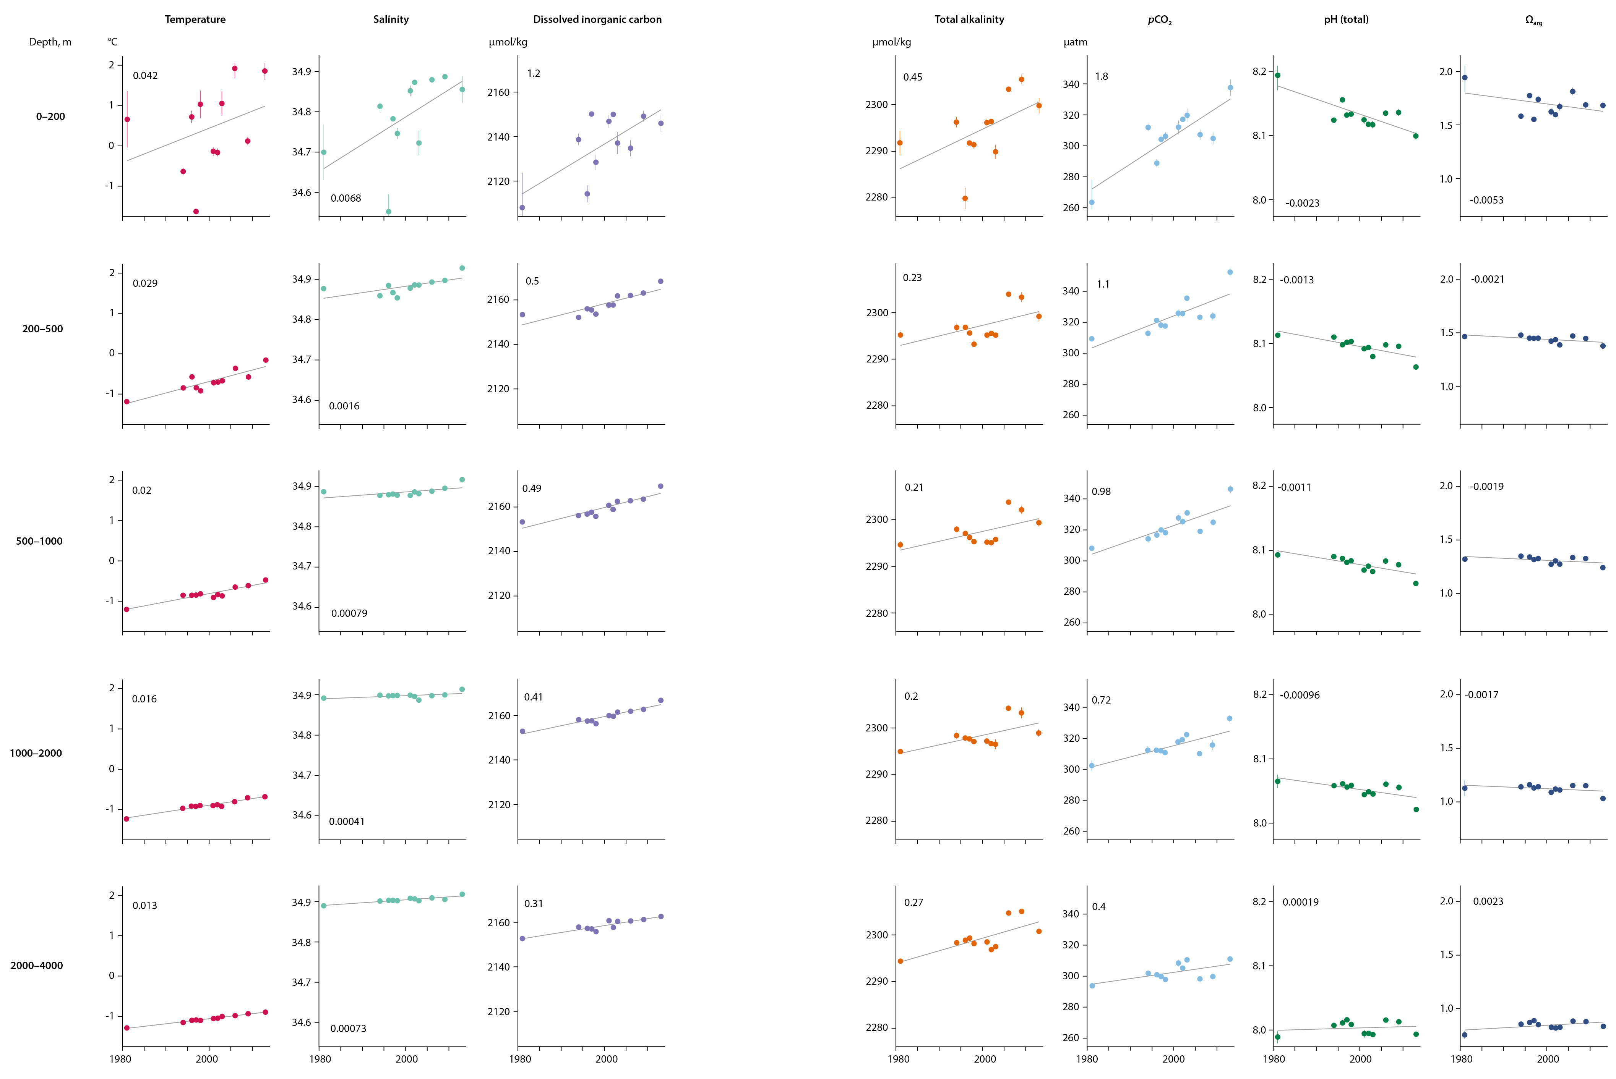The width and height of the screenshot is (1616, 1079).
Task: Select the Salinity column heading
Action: [390, 19]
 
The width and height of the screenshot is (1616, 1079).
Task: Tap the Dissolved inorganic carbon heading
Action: [597, 19]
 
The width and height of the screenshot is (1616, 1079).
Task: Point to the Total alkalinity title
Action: [969, 19]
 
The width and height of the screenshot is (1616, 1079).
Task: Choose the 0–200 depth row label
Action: [50, 116]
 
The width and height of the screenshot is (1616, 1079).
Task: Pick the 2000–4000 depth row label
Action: [36, 966]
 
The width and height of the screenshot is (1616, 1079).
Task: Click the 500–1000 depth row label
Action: [39, 541]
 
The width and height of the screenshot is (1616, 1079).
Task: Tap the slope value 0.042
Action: [145, 76]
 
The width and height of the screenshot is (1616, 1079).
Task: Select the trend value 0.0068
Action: [346, 198]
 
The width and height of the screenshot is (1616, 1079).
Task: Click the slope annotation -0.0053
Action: [1486, 200]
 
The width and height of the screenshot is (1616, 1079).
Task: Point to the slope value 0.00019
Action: [1300, 902]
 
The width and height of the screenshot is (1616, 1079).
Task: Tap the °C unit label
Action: [112, 42]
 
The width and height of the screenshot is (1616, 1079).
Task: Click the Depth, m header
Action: [50, 42]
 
